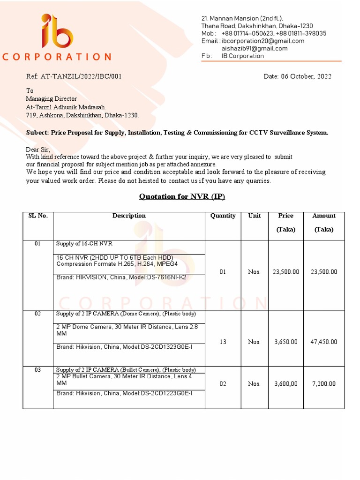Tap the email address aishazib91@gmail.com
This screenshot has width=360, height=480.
pos(255,48)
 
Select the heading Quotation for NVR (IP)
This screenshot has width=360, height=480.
pos(182,196)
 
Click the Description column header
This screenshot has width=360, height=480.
pos(129,216)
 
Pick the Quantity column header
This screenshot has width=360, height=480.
pos(223,216)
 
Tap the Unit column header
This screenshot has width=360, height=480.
pos(255,216)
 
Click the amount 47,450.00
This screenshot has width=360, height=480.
pos(324,342)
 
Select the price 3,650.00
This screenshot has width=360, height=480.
pos(286,342)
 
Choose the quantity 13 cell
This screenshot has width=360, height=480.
pos(223,342)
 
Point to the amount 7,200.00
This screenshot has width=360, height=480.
pos(324,383)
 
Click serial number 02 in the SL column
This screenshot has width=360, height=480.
pos(38,314)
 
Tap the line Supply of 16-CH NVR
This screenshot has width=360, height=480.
pos(84,244)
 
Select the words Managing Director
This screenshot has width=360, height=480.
pos(51,98)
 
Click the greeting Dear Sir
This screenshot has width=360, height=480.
pos(37,149)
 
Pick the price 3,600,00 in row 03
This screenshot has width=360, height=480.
pos(286,383)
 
